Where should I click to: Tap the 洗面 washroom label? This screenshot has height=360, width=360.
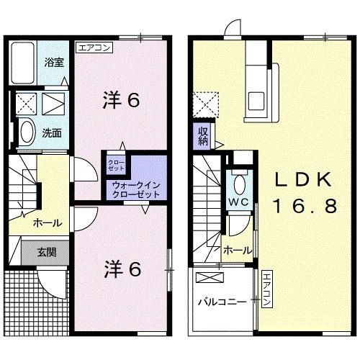(50, 132)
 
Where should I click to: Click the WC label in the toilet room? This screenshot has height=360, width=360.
(240, 201)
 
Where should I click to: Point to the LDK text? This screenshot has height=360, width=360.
(302, 179)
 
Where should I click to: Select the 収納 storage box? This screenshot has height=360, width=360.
(204, 135)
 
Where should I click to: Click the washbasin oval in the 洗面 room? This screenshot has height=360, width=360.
(27, 132)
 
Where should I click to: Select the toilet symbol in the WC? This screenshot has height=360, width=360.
(240, 181)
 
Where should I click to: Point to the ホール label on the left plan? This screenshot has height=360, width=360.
(46, 223)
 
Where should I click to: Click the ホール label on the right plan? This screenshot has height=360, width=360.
(237, 250)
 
